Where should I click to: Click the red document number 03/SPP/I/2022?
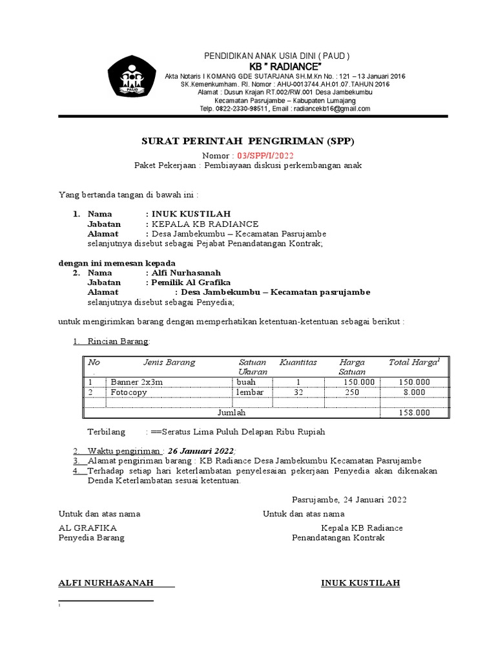265,156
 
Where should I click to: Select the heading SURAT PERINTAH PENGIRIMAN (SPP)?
248,142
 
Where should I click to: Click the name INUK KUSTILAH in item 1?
190,214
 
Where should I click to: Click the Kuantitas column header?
298,363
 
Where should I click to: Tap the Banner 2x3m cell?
137,382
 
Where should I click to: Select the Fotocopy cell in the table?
129,392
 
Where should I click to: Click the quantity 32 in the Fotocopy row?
298,392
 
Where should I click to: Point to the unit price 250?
351,392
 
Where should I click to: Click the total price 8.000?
414,392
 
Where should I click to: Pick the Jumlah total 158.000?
414,412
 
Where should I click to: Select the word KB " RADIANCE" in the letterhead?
285,67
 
